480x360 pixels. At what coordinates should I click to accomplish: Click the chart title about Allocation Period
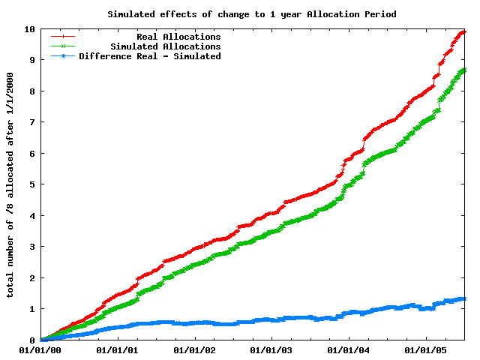(x=251, y=14)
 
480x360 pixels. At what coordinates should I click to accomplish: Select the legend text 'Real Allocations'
(x=178, y=37)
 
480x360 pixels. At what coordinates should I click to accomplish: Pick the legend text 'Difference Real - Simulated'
(x=150, y=56)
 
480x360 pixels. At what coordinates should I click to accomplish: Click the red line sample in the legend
(x=63, y=37)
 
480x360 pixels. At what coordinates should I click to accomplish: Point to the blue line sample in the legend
(x=63, y=56)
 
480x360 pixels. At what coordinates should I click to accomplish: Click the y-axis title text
(x=10, y=184)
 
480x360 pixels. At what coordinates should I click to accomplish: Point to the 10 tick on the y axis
(x=30, y=29)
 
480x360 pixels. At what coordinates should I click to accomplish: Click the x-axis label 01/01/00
(x=40, y=350)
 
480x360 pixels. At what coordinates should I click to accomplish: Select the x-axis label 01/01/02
(x=194, y=350)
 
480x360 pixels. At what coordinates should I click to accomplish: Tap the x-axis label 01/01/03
(x=271, y=350)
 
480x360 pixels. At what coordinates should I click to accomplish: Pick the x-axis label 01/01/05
(x=426, y=350)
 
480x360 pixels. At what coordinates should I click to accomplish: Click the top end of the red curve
(x=463, y=31)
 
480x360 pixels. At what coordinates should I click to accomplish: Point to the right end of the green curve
(x=464, y=70)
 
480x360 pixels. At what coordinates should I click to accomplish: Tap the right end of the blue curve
(x=464, y=298)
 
